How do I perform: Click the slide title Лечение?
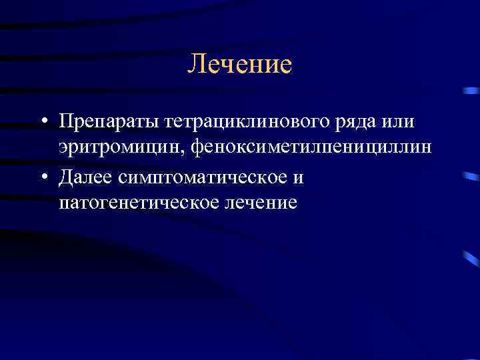[x=239, y=64]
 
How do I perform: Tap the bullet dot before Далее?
[x=43, y=176]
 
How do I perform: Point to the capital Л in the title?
[x=195, y=64]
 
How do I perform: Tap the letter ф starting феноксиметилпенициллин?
[x=195, y=148]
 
